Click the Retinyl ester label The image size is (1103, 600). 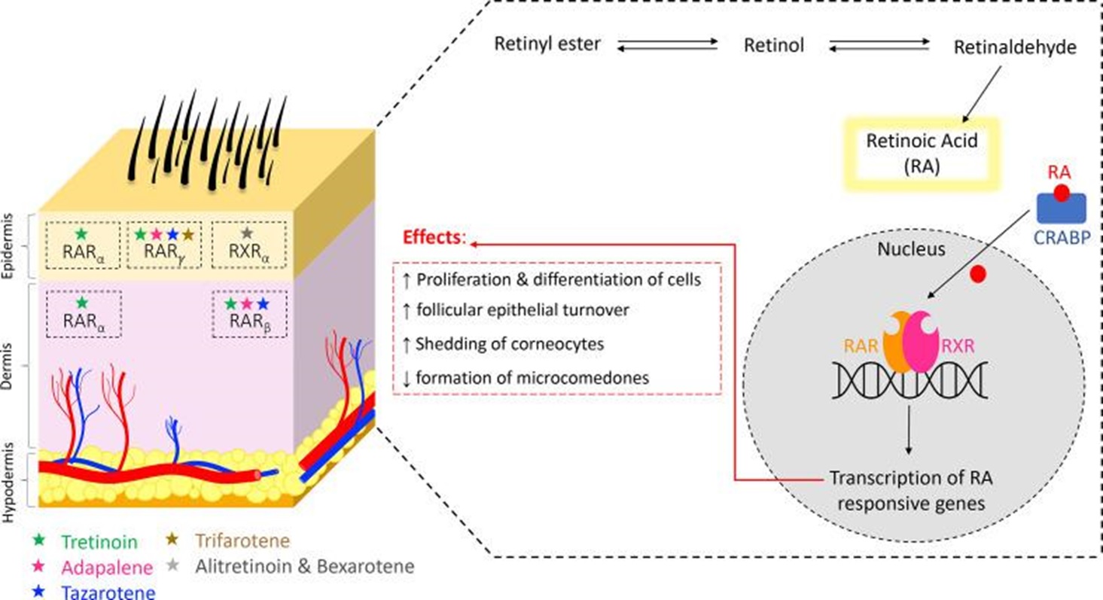tap(547, 44)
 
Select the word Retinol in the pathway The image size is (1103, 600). tap(774, 46)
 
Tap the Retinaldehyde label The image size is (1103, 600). tap(1015, 48)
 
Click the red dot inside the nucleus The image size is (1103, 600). tap(979, 274)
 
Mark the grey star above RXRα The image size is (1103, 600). tap(245, 234)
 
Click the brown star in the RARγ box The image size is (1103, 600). tap(187, 234)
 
